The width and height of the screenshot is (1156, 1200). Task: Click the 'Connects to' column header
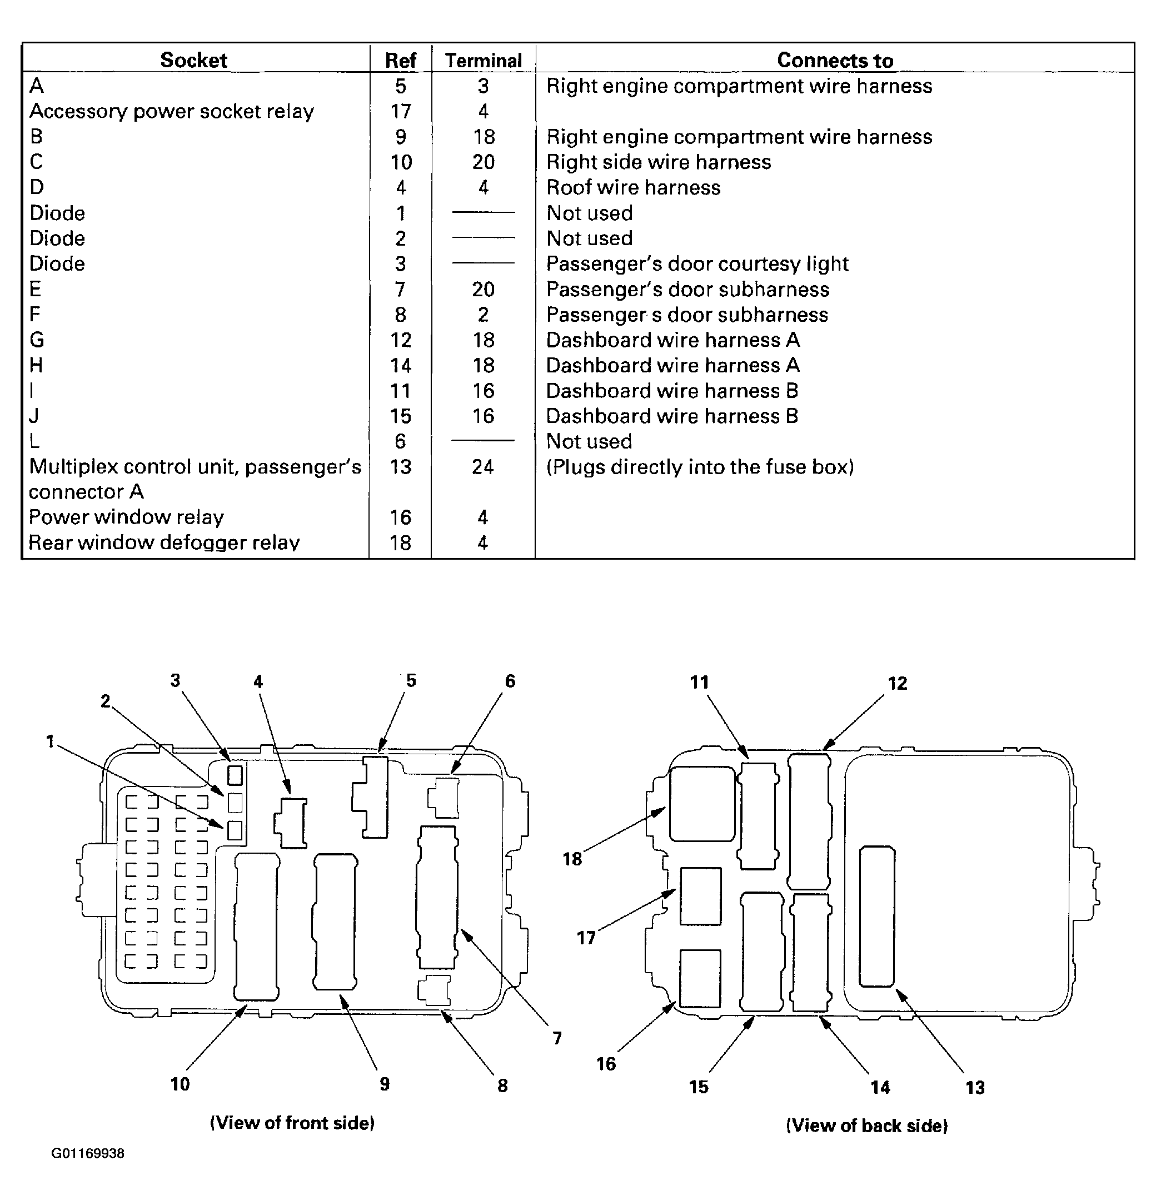tap(835, 60)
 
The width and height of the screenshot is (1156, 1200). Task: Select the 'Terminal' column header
tap(483, 61)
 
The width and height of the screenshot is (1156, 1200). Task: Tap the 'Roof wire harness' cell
tap(633, 187)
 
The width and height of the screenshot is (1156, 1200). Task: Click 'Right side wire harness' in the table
tap(658, 162)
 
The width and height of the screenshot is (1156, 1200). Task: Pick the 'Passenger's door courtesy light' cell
tap(697, 264)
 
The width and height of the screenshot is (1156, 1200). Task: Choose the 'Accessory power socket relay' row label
tap(171, 111)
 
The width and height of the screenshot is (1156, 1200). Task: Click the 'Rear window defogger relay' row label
tap(164, 542)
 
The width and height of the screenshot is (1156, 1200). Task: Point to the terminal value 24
tap(482, 467)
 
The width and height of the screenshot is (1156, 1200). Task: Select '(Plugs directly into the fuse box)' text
tap(700, 467)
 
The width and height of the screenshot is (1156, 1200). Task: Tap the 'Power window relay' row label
tap(126, 517)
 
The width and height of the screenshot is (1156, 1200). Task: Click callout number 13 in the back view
tap(975, 1087)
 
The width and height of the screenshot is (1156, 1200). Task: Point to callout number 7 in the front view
tap(556, 1038)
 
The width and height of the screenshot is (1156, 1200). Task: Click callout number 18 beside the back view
tap(572, 859)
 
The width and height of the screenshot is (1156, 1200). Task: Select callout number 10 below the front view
tap(180, 1084)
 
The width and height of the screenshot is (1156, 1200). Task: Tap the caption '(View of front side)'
tap(292, 1123)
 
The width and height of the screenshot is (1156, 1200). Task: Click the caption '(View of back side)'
tap(866, 1126)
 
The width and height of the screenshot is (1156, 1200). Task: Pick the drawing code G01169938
tap(88, 1153)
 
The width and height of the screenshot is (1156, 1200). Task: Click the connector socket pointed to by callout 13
tap(877, 917)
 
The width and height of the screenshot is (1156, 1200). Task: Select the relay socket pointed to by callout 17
tap(700, 896)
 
